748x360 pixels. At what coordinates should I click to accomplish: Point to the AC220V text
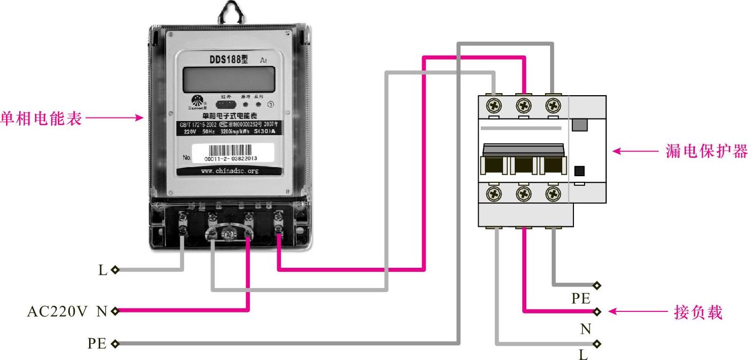coord(58,311)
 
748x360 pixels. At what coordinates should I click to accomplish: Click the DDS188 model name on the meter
coord(229,59)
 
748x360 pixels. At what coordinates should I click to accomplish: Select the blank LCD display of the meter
coord(229,80)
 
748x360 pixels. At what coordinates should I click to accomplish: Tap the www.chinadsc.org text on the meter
coord(229,171)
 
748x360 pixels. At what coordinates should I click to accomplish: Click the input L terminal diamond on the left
coord(115,270)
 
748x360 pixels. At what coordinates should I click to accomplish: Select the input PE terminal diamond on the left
coord(115,344)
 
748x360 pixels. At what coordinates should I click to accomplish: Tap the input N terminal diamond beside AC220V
coord(115,311)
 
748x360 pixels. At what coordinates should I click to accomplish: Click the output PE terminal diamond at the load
coord(598,286)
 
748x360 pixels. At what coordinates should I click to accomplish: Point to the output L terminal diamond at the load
coord(598,344)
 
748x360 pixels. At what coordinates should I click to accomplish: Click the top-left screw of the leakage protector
coord(494,106)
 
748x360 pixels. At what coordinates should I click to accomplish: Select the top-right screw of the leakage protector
coord(554,106)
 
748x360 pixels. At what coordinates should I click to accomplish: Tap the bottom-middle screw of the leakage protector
coord(524,193)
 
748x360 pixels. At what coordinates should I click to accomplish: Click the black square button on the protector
coord(580,171)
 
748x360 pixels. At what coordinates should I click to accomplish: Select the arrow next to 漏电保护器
coord(633,151)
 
